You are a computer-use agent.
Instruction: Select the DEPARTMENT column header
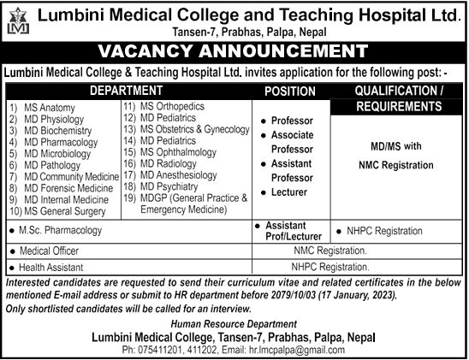click(x=125, y=89)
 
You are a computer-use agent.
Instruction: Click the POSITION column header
click(x=289, y=90)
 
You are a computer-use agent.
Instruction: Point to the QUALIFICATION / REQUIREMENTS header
click(x=398, y=97)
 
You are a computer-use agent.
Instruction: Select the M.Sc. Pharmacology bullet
click(x=60, y=231)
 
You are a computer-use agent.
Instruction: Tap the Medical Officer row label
click(x=48, y=251)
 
